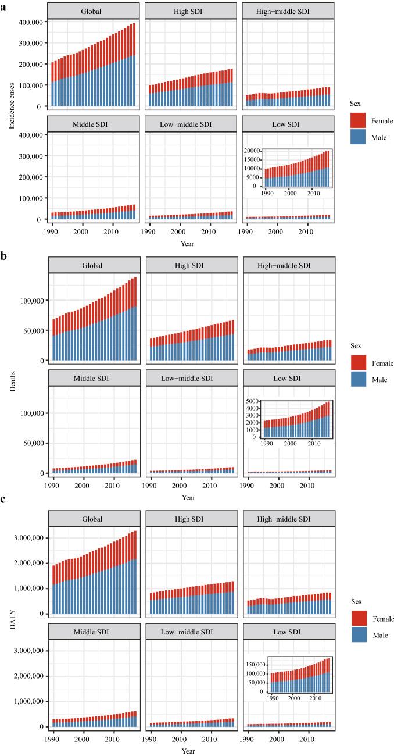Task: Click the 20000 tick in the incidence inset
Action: tap(254, 151)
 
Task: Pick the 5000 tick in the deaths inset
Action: tap(256, 401)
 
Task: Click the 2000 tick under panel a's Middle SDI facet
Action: tap(83, 230)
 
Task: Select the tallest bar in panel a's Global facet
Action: tap(134, 65)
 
